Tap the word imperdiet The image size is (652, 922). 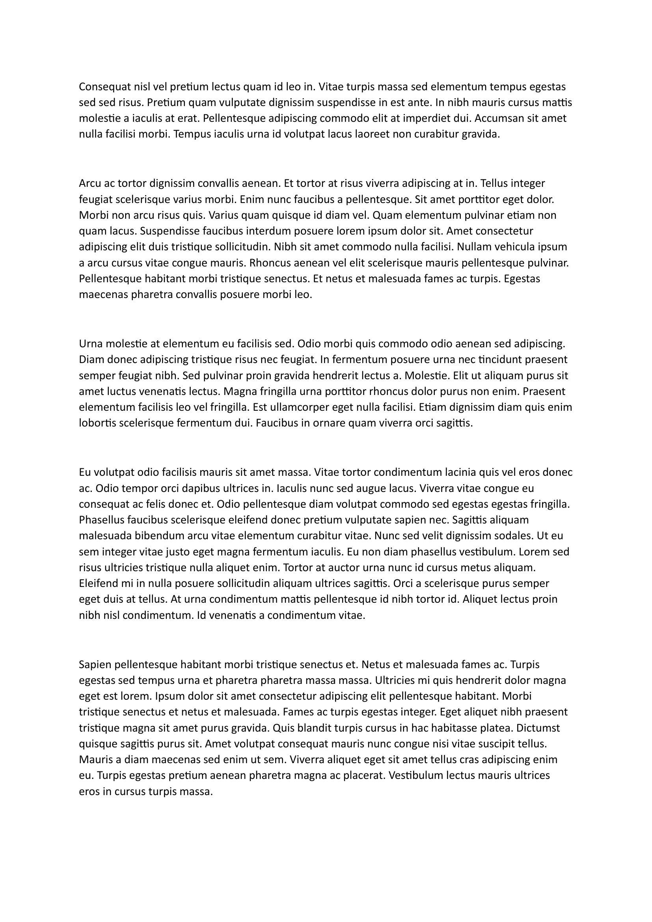[426, 118]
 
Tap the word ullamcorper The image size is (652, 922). [296, 407]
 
